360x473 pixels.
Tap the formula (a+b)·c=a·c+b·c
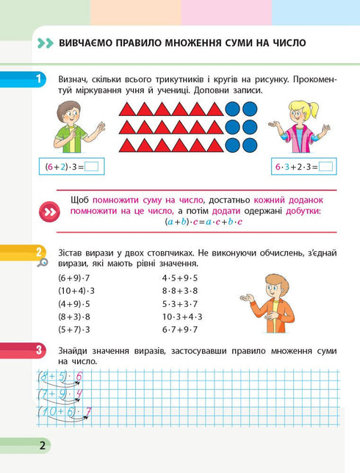204,221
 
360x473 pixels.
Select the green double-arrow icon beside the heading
45,43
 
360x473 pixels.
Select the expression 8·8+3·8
181,291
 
